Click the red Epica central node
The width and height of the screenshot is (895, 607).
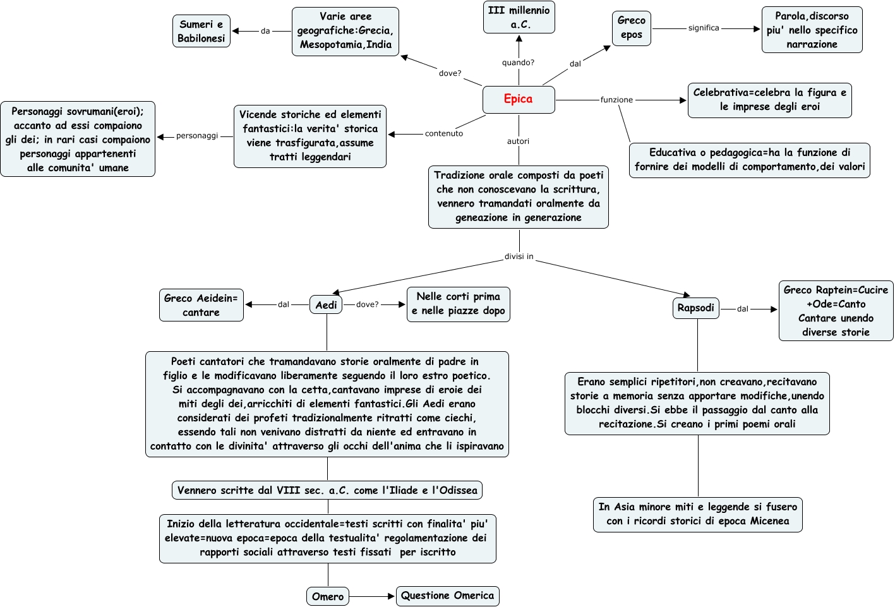click(x=519, y=100)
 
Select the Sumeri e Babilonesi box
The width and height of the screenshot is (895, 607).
click(x=201, y=31)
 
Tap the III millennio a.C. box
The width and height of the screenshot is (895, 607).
click(x=519, y=17)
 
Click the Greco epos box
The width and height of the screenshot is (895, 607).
click(x=631, y=28)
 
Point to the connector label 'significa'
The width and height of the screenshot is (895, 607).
click(x=704, y=28)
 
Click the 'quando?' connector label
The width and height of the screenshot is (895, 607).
click(x=518, y=63)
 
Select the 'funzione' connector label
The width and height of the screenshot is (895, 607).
click(x=616, y=100)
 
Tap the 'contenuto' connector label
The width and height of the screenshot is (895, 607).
click(x=443, y=133)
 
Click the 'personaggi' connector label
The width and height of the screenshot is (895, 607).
click(x=197, y=136)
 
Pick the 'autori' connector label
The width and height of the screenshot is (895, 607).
click(x=518, y=141)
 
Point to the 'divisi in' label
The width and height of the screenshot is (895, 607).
click(x=519, y=256)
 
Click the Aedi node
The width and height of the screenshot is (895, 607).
click(x=326, y=305)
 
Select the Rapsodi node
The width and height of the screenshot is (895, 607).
click(x=695, y=308)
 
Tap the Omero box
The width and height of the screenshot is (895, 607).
click(x=328, y=597)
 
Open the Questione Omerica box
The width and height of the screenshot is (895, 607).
click(x=447, y=596)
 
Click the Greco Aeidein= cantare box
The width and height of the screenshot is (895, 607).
click(x=201, y=305)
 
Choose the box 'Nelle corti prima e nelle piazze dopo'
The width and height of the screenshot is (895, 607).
click(x=459, y=304)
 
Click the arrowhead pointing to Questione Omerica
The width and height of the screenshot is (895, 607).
click(x=392, y=597)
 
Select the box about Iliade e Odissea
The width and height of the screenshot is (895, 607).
click(x=327, y=490)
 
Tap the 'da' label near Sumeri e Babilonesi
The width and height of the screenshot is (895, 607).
click(x=265, y=31)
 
